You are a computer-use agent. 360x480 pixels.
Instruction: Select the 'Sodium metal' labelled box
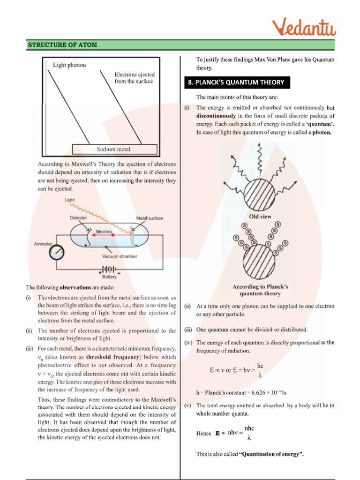[x=114, y=150]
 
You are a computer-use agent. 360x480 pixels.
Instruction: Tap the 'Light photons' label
[x=70, y=65]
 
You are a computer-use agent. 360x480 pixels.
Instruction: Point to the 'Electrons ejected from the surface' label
[x=135, y=78]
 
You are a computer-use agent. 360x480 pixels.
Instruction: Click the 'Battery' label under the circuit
[x=109, y=277]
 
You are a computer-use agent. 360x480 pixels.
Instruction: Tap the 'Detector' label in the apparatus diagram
[x=78, y=218]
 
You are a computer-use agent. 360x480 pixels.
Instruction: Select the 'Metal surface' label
[x=150, y=218]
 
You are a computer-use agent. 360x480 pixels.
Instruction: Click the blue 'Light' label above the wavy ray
[x=70, y=200]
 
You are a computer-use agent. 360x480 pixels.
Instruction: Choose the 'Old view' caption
[x=260, y=217]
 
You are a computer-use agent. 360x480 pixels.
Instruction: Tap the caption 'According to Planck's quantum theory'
[x=260, y=290]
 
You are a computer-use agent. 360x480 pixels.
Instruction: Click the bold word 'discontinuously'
[x=216, y=116]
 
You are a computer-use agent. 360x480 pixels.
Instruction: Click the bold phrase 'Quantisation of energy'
[x=269, y=454]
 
